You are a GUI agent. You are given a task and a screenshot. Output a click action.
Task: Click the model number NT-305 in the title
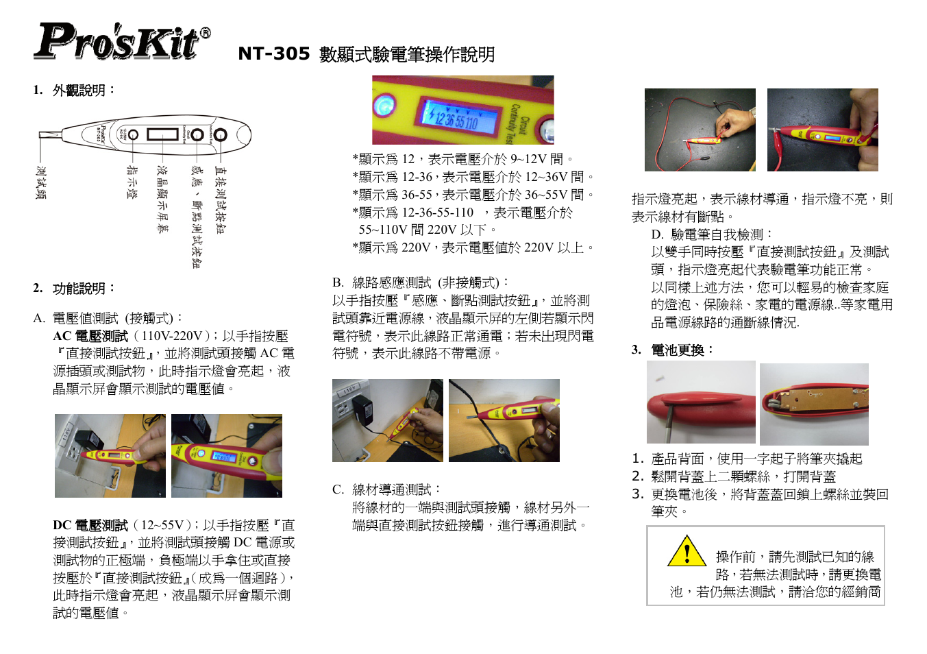(273, 53)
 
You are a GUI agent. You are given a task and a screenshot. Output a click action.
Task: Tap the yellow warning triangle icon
(687, 551)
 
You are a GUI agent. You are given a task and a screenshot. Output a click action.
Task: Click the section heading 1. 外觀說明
(75, 90)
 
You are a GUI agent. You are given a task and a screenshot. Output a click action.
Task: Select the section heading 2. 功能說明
(75, 289)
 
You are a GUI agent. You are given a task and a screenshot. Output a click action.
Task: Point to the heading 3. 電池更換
(673, 350)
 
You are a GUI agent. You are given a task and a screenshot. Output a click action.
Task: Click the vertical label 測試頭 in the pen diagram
(41, 182)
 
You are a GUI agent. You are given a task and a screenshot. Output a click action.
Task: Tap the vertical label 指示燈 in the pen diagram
(132, 182)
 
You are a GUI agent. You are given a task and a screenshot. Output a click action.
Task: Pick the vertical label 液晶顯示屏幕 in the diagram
(162, 199)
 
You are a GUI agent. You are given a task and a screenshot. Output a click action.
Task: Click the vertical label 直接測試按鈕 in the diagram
(220, 199)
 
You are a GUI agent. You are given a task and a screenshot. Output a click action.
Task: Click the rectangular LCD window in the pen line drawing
(162, 134)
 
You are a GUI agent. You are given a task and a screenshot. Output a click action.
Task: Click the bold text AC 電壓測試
(90, 336)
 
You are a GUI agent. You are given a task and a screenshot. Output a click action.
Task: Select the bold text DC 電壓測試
(90, 525)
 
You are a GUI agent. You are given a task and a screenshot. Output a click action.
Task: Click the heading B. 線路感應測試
(421, 282)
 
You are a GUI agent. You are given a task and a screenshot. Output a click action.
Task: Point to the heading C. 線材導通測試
(387, 489)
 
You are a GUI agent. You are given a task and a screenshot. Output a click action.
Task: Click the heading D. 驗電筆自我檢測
(713, 234)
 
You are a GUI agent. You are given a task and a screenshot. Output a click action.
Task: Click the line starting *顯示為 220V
(473, 247)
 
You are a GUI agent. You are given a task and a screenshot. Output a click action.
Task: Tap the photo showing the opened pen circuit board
(814, 404)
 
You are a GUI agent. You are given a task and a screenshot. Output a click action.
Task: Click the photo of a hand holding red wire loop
(700, 130)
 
